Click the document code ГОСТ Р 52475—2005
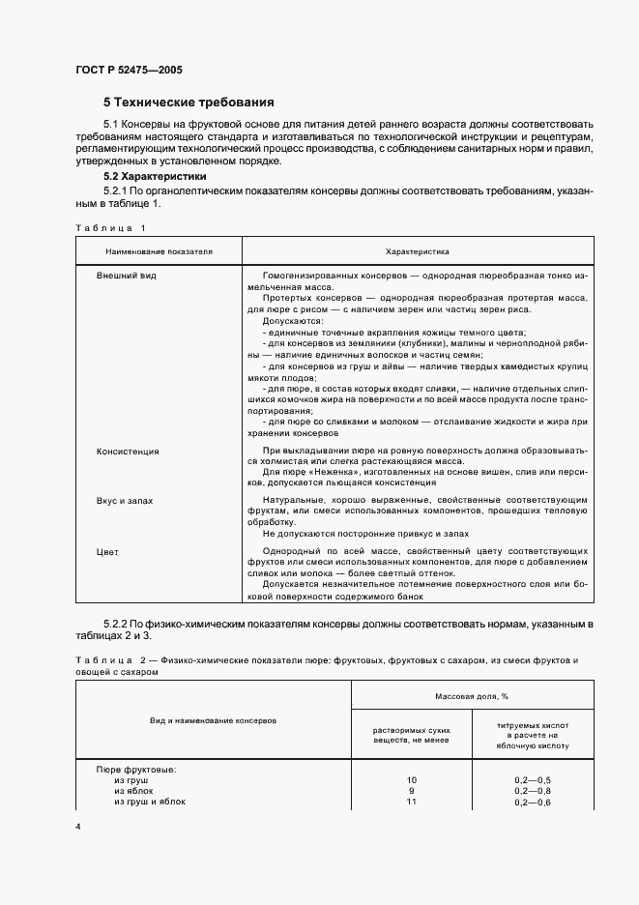(x=128, y=70)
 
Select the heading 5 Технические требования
(x=189, y=102)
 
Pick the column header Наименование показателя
(x=154, y=250)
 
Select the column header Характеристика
(x=417, y=250)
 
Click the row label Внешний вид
(x=127, y=276)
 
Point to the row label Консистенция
(x=128, y=452)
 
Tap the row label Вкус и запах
(x=126, y=501)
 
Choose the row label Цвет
(x=107, y=551)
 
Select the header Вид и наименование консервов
(x=213, y=721)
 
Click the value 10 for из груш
(x=411, y=779)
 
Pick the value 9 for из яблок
(x=411, y=790)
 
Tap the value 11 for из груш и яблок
(x=411, y=802)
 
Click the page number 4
(x=78, y=827)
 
